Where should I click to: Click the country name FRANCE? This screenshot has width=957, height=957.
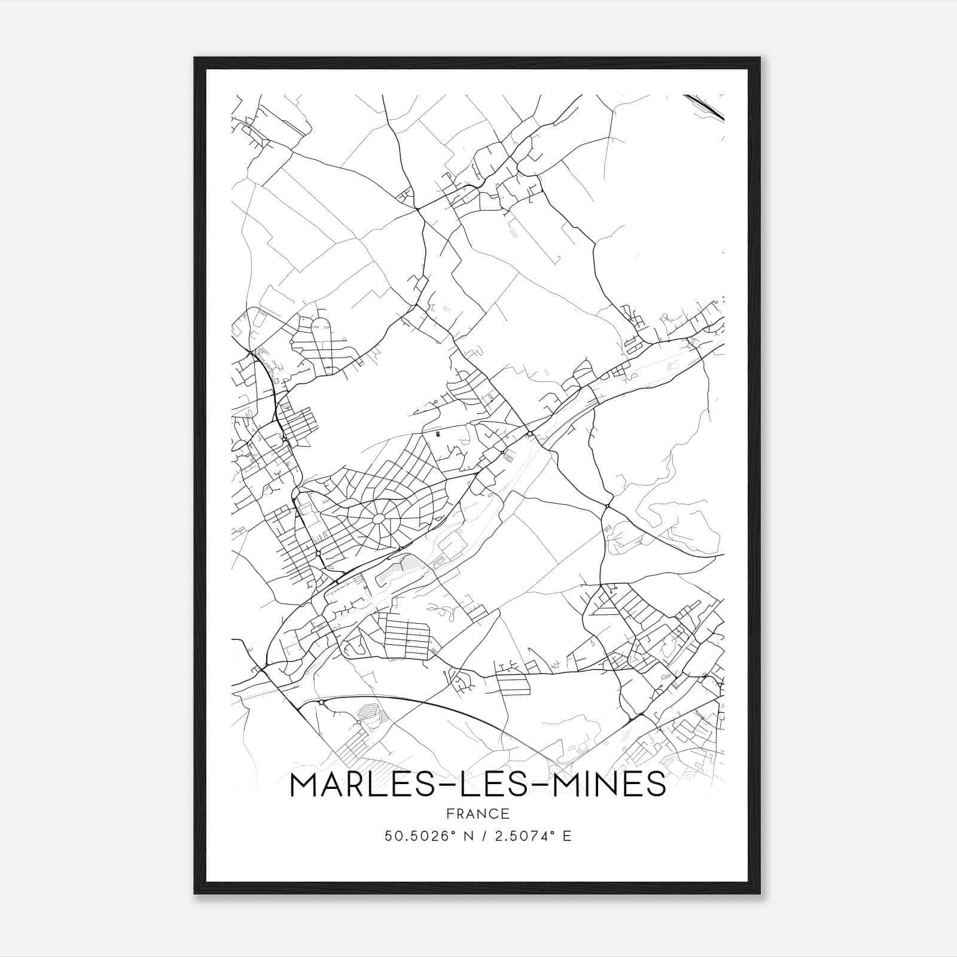coord(477,813)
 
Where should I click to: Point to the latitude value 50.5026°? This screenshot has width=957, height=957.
coord(416,836)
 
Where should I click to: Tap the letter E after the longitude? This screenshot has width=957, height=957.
coord(566,836)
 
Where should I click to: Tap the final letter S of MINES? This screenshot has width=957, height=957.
coord(657,784)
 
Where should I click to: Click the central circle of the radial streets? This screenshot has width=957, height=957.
coord(378,519)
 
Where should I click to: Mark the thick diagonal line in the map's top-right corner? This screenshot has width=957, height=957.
coord(705,105)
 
